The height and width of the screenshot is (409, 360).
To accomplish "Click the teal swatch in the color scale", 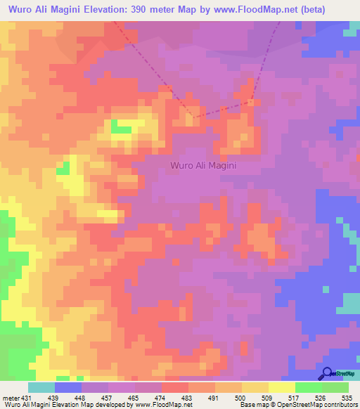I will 41,387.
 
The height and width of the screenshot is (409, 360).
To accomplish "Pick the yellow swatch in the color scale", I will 255,387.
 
